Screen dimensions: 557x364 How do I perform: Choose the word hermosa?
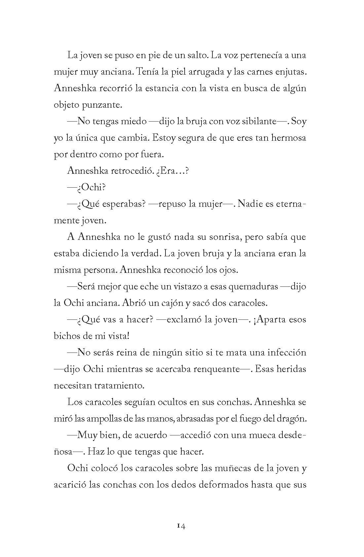coord(288,138)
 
